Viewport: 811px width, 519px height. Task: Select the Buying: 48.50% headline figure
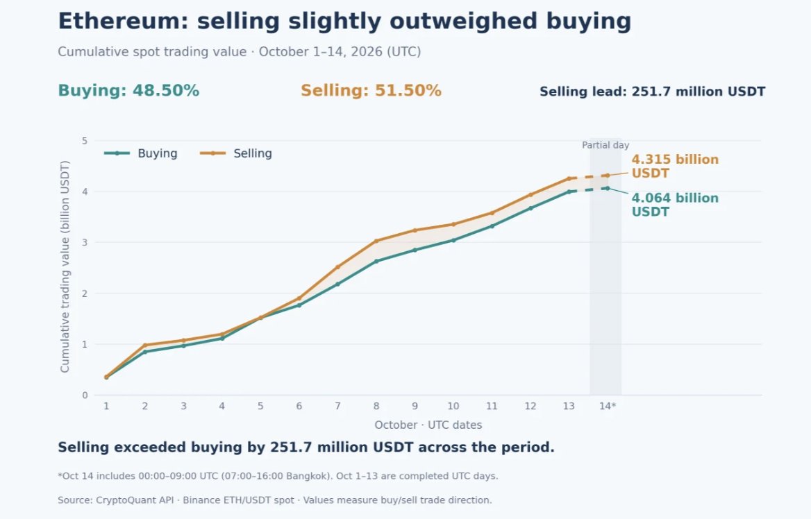tap(128, 90)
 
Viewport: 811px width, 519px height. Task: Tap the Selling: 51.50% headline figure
tap(371, 90)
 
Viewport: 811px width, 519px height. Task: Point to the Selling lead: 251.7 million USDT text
tap(652, 92)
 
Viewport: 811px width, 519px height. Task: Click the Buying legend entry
tap(141, 153)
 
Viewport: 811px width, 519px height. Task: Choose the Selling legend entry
tap(236, 153)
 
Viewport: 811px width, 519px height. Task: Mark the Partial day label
tap(605, 145)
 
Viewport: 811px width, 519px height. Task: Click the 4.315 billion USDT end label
tap(675, 166)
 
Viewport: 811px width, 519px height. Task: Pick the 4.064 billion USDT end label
tap(675, 205)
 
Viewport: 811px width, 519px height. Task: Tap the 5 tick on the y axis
tap(85, 141)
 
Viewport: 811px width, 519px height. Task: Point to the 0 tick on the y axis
tap(85, 395)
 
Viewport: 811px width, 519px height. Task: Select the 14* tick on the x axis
tap(608, 407)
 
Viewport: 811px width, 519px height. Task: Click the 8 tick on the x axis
tap(376, 407)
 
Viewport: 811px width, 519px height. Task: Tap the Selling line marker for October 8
tap(376, 241)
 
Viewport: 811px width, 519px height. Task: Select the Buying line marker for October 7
tap(337, 284)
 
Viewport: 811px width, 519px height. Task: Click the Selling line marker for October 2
tap(145, 345)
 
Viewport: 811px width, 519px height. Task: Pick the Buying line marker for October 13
tap(569, 192)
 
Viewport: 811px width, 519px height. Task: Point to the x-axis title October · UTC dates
tap(428, 425)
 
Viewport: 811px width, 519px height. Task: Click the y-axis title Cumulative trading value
tap(65, 266)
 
